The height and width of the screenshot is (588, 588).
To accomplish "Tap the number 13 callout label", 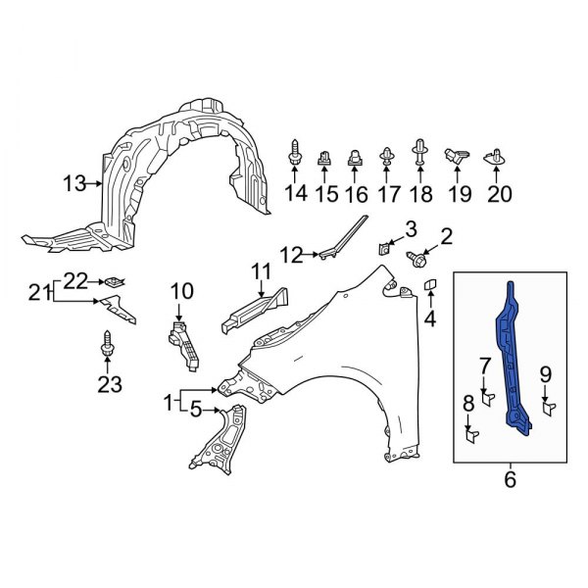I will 74,182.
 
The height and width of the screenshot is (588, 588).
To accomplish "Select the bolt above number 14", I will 295,154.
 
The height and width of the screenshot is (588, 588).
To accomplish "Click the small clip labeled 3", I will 387,248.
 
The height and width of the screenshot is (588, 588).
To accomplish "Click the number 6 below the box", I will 509,480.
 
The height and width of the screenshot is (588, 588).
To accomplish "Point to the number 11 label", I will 260,270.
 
